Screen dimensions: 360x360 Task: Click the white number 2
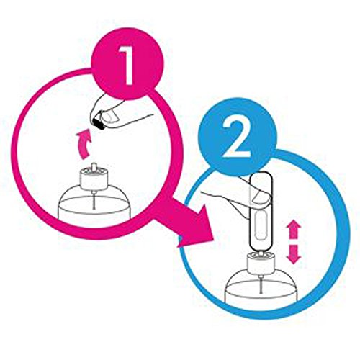click(236, 138)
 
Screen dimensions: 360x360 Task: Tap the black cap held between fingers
click(98, 122)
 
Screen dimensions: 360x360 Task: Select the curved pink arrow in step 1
click(84, 143)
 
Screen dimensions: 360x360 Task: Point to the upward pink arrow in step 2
click(294, 230)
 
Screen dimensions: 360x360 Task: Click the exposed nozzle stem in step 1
click(94, 167)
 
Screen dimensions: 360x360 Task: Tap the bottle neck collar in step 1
click(94, 179)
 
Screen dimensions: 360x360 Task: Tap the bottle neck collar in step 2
click(261, 264)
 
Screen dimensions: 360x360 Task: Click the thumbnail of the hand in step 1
click(111, 117)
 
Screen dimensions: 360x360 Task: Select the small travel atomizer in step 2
click(261, 211)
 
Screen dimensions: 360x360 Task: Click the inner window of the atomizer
click(260, 225)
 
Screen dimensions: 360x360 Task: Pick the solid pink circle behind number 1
click(127, 63)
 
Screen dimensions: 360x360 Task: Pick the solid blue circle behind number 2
click(237, 138)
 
